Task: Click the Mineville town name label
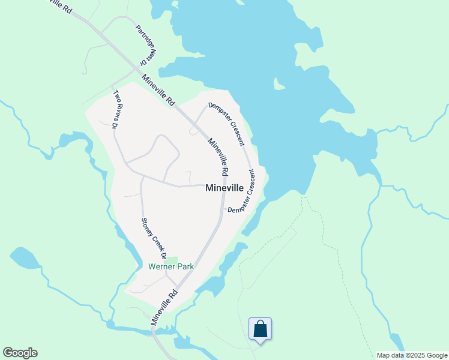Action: [x=224, y=188]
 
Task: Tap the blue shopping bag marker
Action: [x=260, y=329]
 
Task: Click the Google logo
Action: [x=20, y=353]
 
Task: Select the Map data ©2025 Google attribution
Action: [x=411, y=355]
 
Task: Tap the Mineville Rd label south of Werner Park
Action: [x=164, y=307]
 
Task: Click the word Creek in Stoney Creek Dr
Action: [x=153, y=239]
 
